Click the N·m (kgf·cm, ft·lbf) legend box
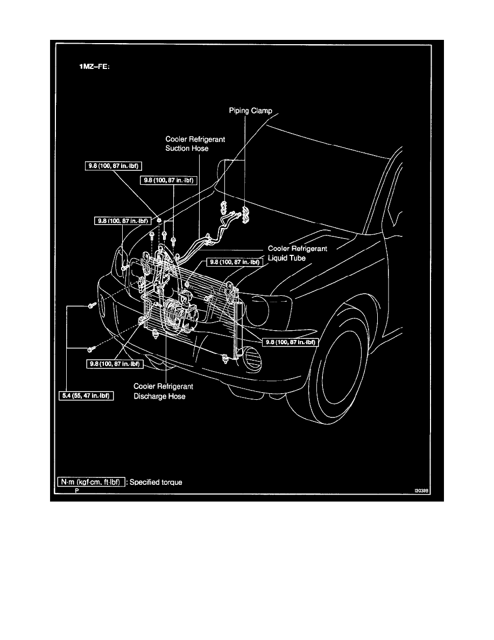(x=91, y=482)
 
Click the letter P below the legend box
(x=77, y=491)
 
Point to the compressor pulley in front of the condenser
(x=174, y=316)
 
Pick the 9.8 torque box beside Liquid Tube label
(x=233, y=262)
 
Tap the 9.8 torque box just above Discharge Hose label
(x=115, y=364)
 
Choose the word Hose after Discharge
(x=176, y=396)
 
